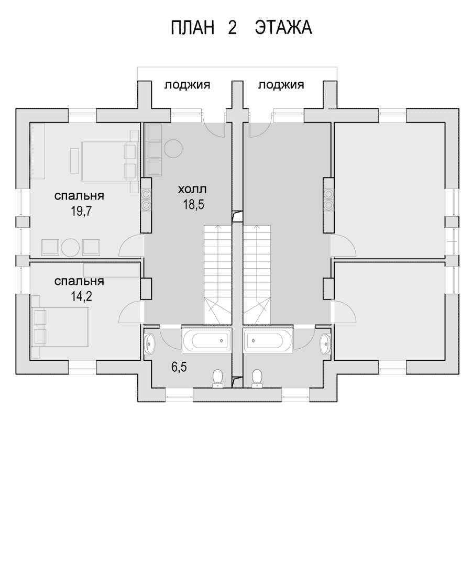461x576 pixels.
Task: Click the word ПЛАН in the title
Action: [192, 28]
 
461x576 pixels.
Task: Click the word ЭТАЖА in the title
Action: [283, 28]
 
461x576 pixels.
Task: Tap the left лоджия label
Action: [187, 85]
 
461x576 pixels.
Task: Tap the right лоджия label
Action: [281, 85]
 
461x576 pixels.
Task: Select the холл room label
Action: [192, 189]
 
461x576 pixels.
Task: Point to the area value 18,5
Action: [194, 204]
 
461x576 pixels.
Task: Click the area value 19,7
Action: [81, 211]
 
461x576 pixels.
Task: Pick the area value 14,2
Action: [81, 296]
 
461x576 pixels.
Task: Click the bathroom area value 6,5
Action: [179, 367]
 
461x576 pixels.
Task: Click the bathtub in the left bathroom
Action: [206, 340]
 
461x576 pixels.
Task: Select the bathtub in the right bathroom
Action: [268, 340]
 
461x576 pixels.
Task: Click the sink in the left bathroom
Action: [150, 343]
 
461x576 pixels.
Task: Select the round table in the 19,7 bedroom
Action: [71, 248]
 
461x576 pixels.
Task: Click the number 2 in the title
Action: [233, 28]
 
